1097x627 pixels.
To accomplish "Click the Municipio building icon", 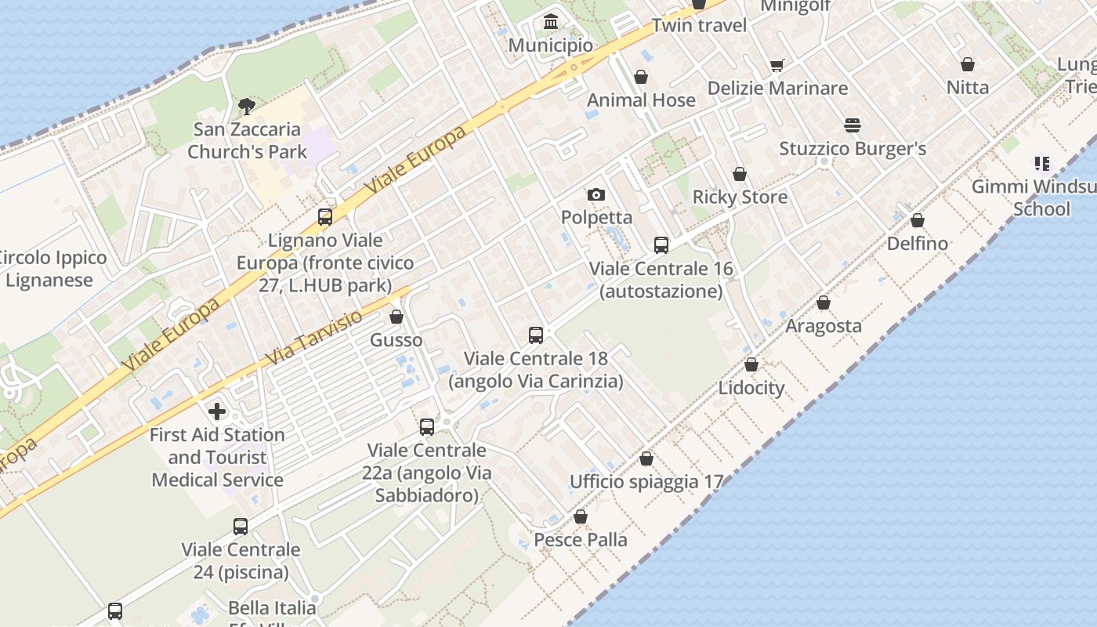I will (551, 21).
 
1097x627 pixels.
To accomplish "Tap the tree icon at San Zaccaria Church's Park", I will (247, 106).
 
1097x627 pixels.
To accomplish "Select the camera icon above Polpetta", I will (596, 194).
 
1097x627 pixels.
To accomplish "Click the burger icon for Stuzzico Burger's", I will (853, 125).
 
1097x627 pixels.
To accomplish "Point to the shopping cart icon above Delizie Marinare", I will (777, 65).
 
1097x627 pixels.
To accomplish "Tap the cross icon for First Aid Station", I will (217, 411).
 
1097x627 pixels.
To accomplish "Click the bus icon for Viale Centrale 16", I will (661, 245).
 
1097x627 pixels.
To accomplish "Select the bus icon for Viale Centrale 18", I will (536, 335).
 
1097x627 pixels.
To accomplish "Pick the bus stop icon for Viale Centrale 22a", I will (427, 427).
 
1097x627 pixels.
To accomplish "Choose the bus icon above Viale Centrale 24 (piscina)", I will (241, 527).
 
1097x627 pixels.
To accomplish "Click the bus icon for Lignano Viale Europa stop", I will (325, 217).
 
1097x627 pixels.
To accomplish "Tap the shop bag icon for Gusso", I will (396, 317).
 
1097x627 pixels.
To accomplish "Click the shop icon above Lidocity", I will (751, 364).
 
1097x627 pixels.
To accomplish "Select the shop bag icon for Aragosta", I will (824, 303).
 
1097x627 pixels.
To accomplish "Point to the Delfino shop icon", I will (918, 220).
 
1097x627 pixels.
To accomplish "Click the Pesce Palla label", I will (581, 540).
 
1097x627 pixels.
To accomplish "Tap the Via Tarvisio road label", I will (314, 338).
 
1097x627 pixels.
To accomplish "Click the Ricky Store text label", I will (740, 197).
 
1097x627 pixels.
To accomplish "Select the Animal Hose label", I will (641, 100).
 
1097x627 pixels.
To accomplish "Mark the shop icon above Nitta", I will (968, 64).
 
